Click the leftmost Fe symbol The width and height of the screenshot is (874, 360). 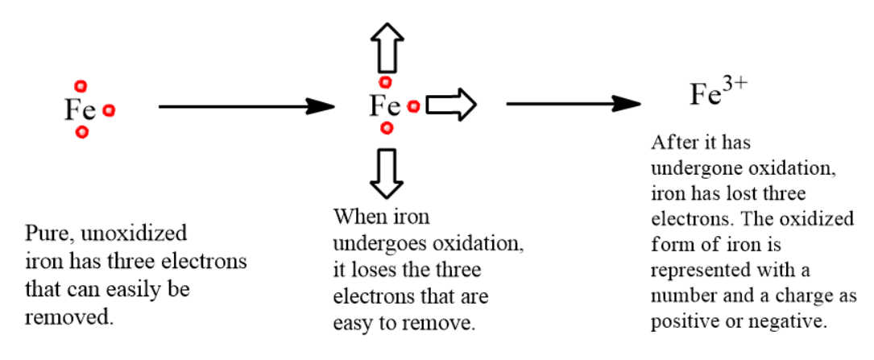(x=80, y=110)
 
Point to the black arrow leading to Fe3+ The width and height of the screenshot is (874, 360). (x=572, y=104)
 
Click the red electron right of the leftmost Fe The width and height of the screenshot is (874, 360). (x=109, y=111)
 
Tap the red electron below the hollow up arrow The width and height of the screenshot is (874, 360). (x=386, y=81)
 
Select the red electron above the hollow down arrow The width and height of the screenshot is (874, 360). (x=387, y=128)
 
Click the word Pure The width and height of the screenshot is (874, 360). (x=44, y=234)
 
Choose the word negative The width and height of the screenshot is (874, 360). (x=793, y=321)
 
